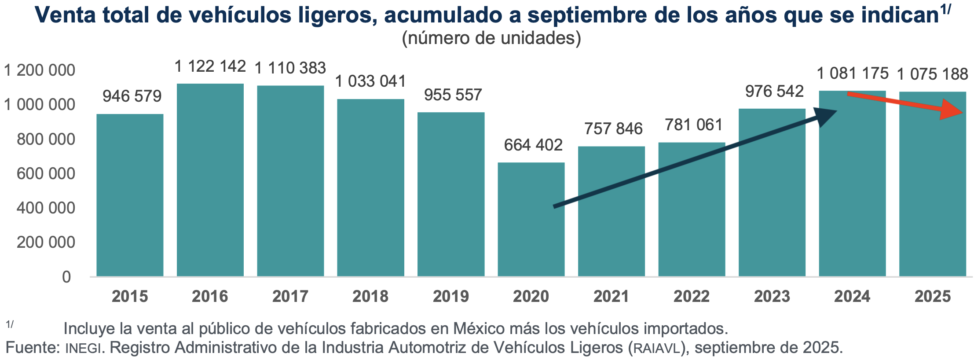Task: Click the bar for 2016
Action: point(210,180)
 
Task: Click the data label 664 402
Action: point(533,145)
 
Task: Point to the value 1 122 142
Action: point(210,66)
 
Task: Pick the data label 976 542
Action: point(774,92)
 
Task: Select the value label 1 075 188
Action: point(933,74)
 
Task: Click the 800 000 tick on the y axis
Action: point(46,140)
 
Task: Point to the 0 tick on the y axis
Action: point(66,277)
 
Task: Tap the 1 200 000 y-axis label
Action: point(40,70)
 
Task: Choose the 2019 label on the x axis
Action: point(451,296)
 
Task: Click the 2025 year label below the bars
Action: point(933,296)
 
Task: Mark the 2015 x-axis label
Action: point(130,296)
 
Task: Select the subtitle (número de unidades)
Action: point(491,38)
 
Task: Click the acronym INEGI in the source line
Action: point(84,348)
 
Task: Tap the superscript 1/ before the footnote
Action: point(10,324)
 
